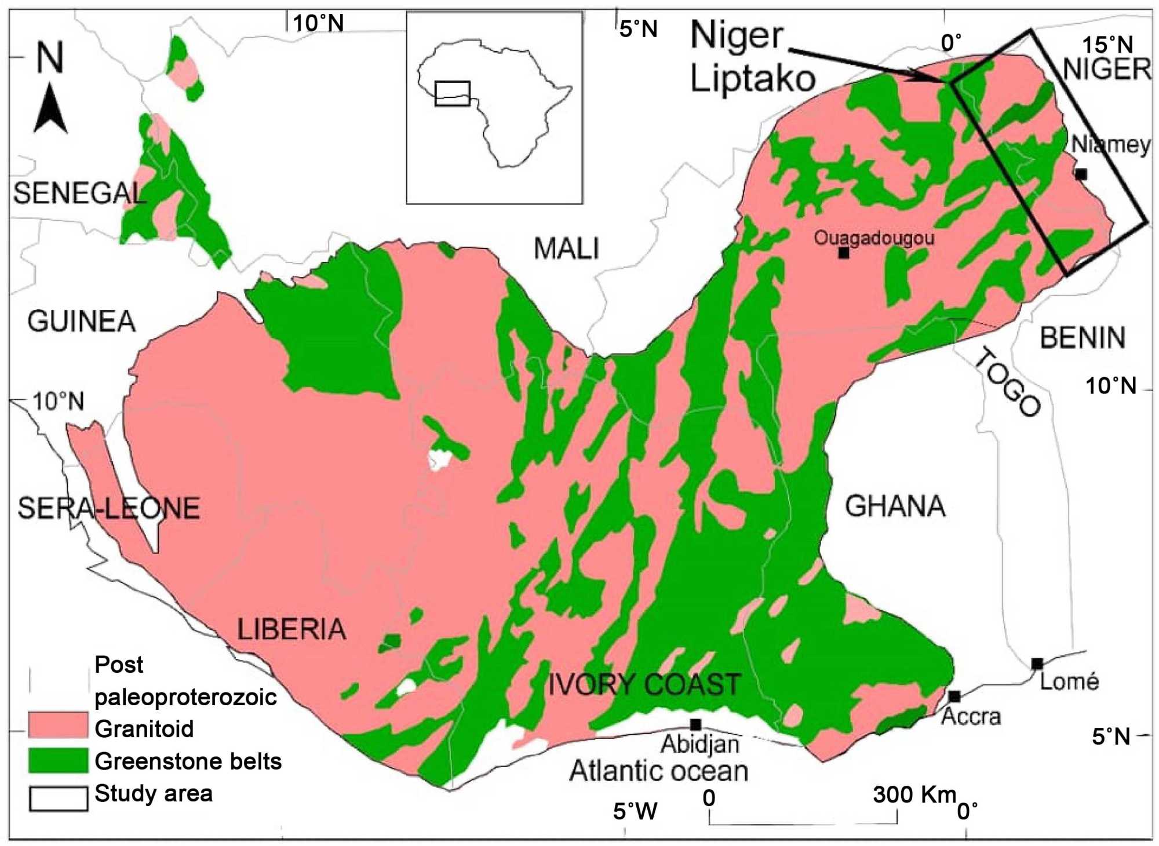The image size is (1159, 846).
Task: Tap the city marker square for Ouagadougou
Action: click(844, 253)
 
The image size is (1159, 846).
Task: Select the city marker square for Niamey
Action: click(1080, 174)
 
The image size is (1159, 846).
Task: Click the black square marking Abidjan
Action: click(695, 725)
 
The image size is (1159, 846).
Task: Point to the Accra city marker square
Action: click(954, 696)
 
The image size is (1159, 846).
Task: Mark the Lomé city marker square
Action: click(1037, 663)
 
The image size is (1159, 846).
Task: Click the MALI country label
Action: click(566, 249)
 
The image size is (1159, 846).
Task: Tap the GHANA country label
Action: click(895, 506)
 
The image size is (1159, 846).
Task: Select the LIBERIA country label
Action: click(291, 629)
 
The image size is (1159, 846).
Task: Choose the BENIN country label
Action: click(1082, 338)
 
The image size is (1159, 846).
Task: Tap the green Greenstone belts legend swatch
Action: click(58, 760)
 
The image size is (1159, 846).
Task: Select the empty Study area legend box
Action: click(58, 798)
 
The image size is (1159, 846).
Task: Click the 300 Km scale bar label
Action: click(914, 795)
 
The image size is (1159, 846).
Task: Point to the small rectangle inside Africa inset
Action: click(452, 93)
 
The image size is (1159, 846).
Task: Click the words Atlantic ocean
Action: click(658, 771)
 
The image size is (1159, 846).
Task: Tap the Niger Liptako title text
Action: click(752, 56)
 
